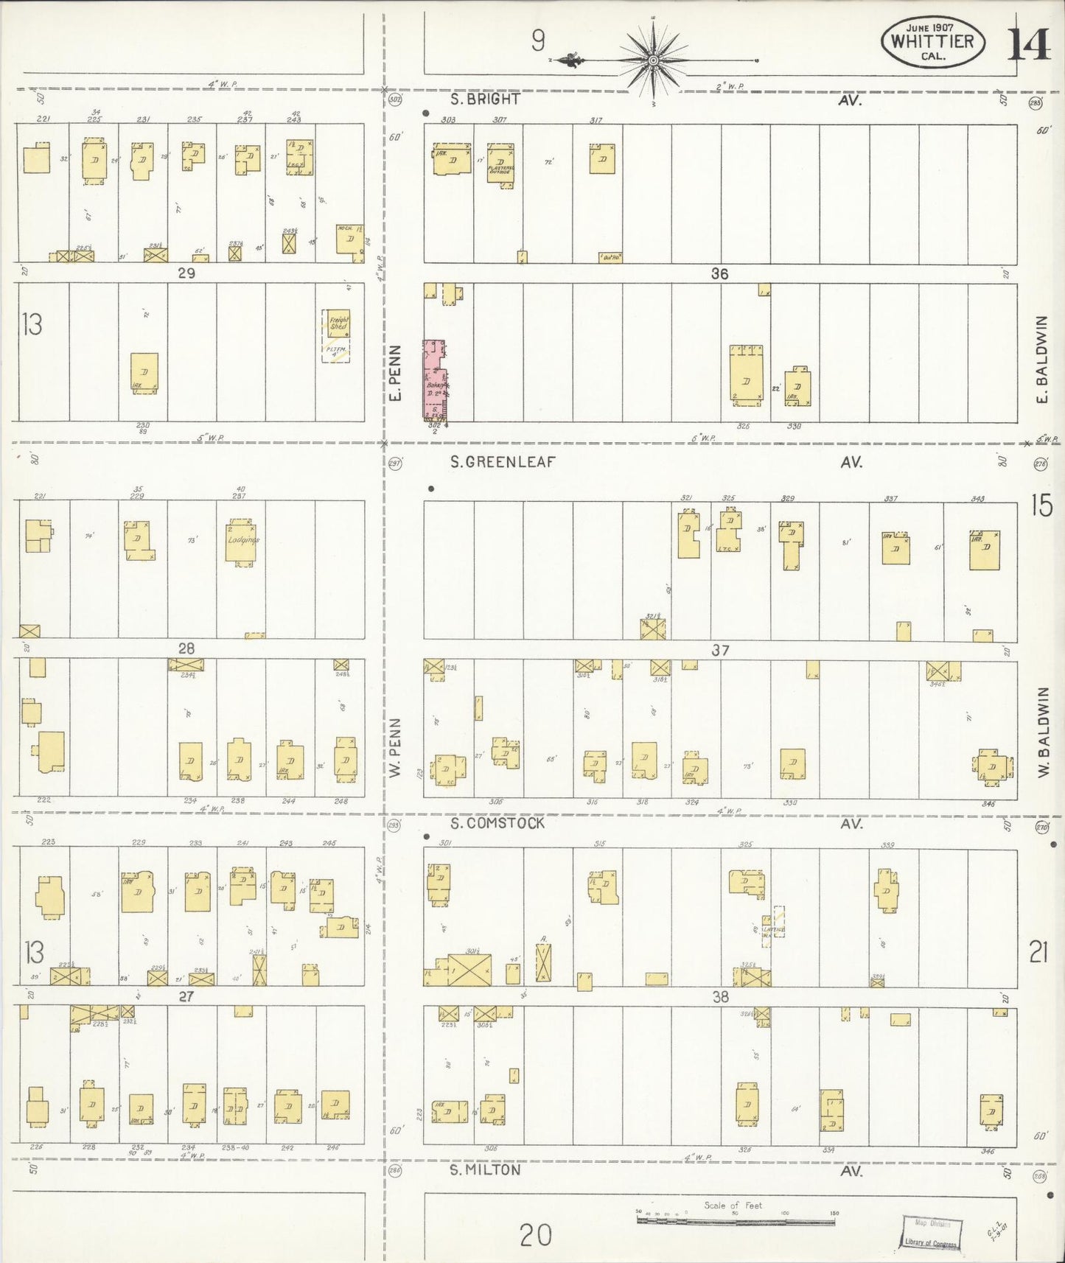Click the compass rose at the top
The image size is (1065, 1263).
click(653, 59)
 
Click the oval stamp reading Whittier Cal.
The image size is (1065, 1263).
click(932, 41)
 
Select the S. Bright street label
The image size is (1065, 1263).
click(486, 99)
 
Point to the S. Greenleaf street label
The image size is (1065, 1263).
click(503, 462)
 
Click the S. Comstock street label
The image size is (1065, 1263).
click(497, 823)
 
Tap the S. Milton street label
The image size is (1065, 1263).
click(485, 1169)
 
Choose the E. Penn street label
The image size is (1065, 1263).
click(395, 373)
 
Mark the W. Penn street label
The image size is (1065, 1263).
click(395, 747)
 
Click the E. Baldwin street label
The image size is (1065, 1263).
click(1041, 360)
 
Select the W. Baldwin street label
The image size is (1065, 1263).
click(1042, 732)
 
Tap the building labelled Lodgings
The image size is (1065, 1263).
click(242, 542)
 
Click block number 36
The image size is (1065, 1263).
click(719, 273)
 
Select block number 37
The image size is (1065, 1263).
click(720, 650)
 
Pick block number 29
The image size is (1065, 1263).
click(186, 273)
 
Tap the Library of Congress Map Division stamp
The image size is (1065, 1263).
click(932, 1233)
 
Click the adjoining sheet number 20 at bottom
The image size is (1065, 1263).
click(536, 1234)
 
